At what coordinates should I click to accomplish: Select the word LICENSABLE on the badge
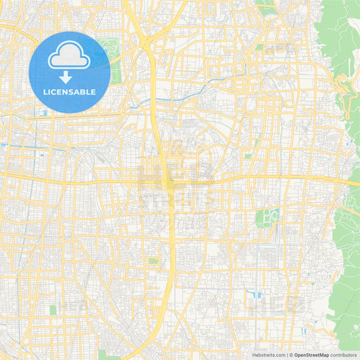tap(70, 92)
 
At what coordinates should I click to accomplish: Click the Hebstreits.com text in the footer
tap(268, 355)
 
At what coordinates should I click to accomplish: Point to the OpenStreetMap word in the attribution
tap(311, 355)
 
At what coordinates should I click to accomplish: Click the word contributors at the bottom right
tap(344, 355)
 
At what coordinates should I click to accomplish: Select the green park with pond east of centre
tap(266, 218)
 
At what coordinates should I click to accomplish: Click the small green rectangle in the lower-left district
tap(53, 310)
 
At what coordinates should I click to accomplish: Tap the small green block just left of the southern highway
tap(153, 261)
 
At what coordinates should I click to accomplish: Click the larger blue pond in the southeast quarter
tap(257, 294)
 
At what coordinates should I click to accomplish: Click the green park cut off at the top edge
tap(267, 8)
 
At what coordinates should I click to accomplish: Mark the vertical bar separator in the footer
tap(288, 355)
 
